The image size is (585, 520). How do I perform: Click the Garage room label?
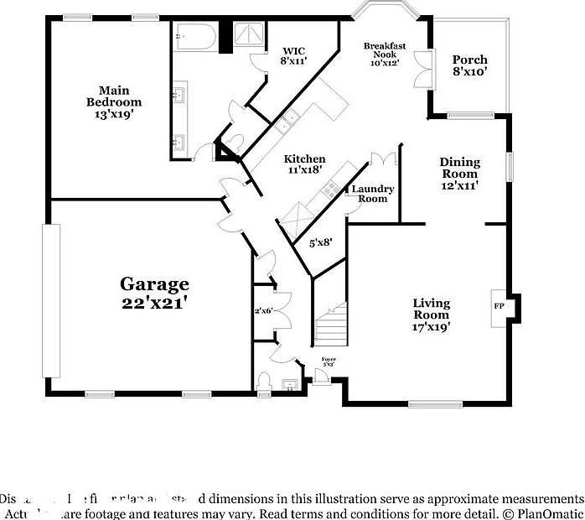pos(153,294)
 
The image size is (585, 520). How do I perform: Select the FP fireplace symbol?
pos(499,306)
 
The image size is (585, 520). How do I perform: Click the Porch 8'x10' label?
pos(469,65)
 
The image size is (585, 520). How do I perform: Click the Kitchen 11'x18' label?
pos(304,164)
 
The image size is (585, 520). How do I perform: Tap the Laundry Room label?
pos(372,194)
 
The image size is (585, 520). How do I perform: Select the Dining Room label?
pos(460,174)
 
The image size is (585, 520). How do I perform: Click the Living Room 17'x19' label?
pos(432,315)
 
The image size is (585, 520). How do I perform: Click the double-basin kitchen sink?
pos(287,122)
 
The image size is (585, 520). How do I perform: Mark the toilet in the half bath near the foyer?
pos(263,382)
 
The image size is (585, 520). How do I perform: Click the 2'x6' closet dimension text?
pos(265,311)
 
